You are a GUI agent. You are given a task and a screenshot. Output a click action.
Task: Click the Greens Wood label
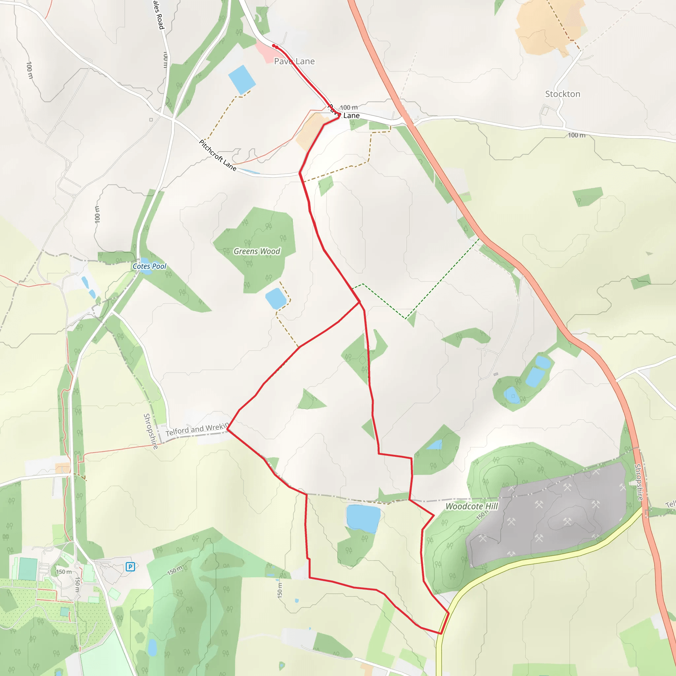tap(257, 251)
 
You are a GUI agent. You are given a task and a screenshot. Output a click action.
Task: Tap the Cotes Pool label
tap(150, 266)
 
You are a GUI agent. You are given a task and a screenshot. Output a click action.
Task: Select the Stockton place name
tap(563, 94)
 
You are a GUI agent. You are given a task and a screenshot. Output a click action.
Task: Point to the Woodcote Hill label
tap(471, 506)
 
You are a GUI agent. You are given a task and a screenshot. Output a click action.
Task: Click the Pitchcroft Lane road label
tap(218, 155)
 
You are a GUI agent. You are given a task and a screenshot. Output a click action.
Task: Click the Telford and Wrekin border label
tap(197, 429)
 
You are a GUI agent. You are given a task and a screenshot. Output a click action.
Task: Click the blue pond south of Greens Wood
tap(276, 298)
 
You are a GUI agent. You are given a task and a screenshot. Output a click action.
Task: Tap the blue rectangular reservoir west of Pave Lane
tap(242, 80)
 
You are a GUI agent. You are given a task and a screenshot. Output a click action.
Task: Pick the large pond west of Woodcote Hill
tap(363, 518)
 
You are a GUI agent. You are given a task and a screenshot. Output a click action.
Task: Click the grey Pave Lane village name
tap(294, 61)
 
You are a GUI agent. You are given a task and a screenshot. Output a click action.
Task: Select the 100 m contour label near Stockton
tap(576, 135)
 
